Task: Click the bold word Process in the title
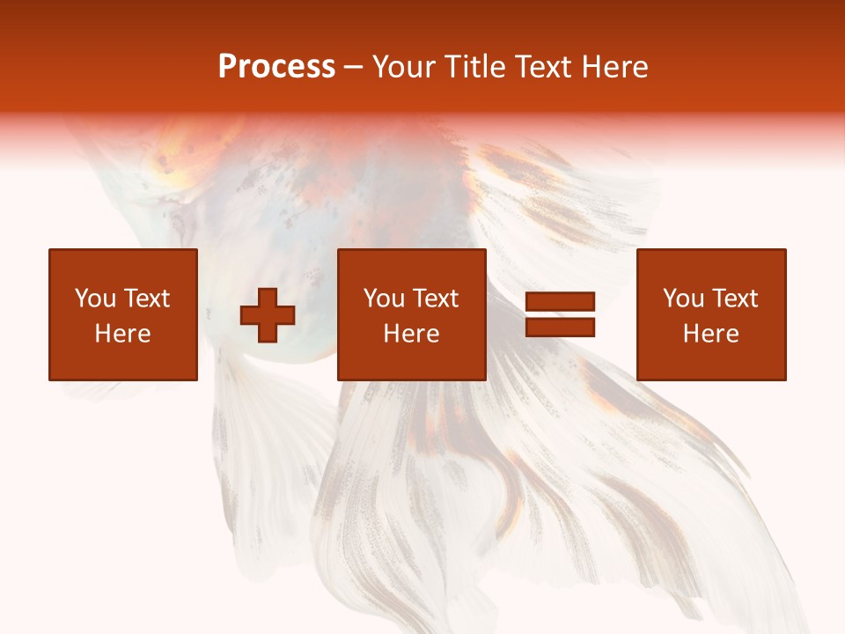pos(276,67)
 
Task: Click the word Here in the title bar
pos(616,67)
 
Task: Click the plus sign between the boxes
pos(268,315)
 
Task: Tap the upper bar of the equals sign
pos(560,303)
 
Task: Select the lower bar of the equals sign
pos(560,328)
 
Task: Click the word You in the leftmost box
pos(94,299)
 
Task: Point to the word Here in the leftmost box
pos(123,334)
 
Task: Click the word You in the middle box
pos(383,299)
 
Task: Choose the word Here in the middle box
pos(412,334)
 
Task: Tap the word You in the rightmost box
pos(682,299)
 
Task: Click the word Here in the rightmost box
pos(711,334)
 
